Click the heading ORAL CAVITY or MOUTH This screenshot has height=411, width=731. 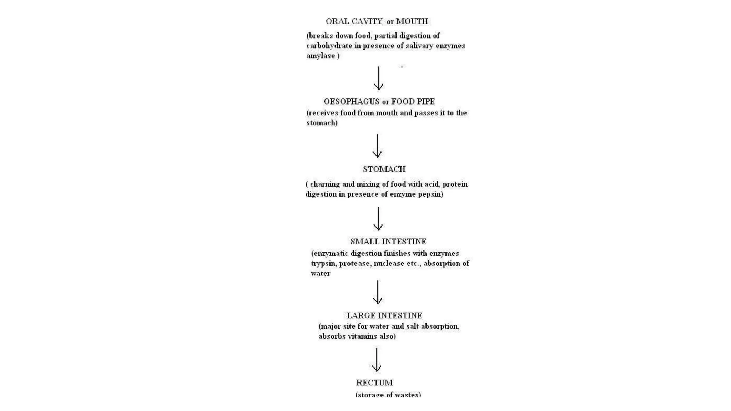[x=377, y=21]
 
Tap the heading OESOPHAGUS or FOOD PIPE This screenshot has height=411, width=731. [x=379, y=102]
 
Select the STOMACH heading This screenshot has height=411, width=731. [x=384, y=169]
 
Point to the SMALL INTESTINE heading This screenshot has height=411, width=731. [x=388, y=242]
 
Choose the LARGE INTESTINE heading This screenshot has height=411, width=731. [x=384, y=315]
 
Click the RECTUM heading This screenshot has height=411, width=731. [x=374, y=383]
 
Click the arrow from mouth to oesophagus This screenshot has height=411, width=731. [x=378, y=78]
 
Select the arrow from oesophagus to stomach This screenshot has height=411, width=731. [x=377, y=146]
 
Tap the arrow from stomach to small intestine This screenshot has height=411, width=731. [x=378, y=219]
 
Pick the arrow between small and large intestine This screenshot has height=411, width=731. [x=378, y=292]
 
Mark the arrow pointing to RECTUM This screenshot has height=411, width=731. [x=377, y=360]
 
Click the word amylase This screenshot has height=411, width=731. [x=321, y=56]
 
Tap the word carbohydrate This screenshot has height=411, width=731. [x=329, y=46]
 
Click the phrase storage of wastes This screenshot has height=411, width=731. [x=388, y=395]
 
